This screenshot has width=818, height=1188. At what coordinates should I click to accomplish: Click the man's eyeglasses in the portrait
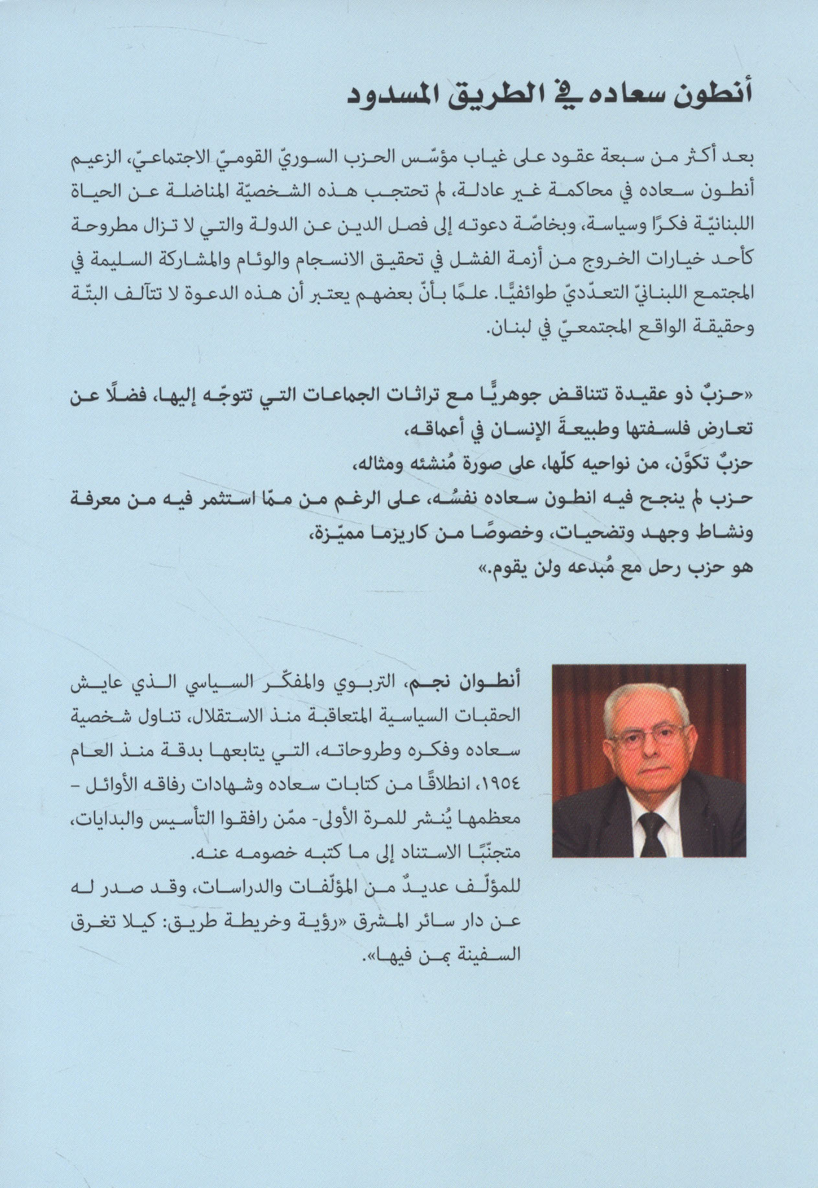tap(649, 737)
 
